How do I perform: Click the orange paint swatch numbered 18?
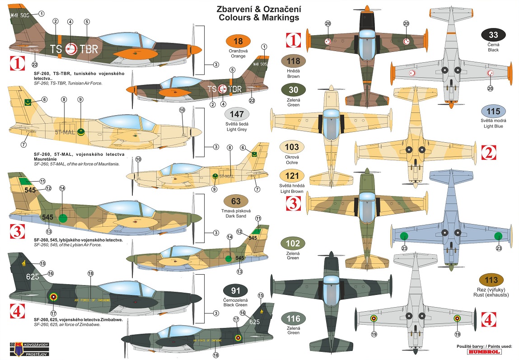[238, 42]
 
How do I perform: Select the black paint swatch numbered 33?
[493, 35]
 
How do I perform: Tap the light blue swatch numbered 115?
[493, 112]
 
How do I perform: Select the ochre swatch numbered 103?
[293, 147]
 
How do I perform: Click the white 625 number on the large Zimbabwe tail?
[33, 276]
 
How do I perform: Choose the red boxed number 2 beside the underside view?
[488, 153]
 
